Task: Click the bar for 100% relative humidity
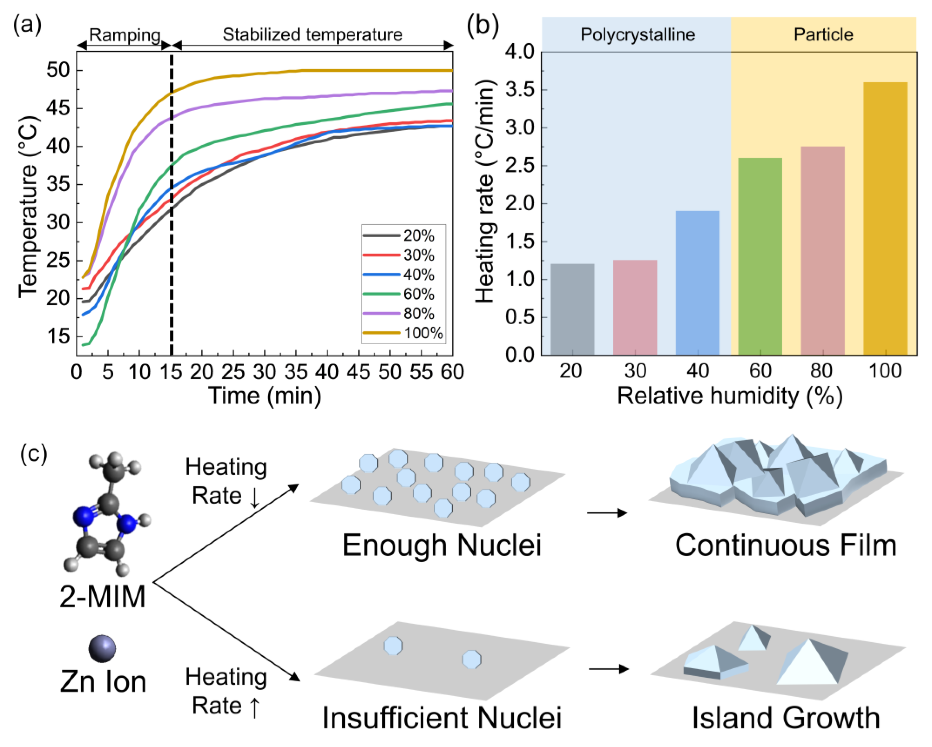(x=885, y=218)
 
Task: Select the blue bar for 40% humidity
(x=697, y=283)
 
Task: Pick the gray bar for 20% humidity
(x=572, y=309)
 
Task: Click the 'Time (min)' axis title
(x=265, y=395)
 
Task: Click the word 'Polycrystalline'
(x=638, y=35)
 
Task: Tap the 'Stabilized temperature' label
(x=312, y=35)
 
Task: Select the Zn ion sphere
(x=102, y=648)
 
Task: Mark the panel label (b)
(x=483, y=26)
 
